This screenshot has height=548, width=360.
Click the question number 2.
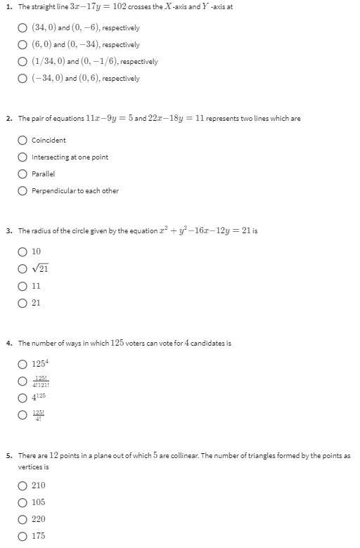click(x=8, y=119)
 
